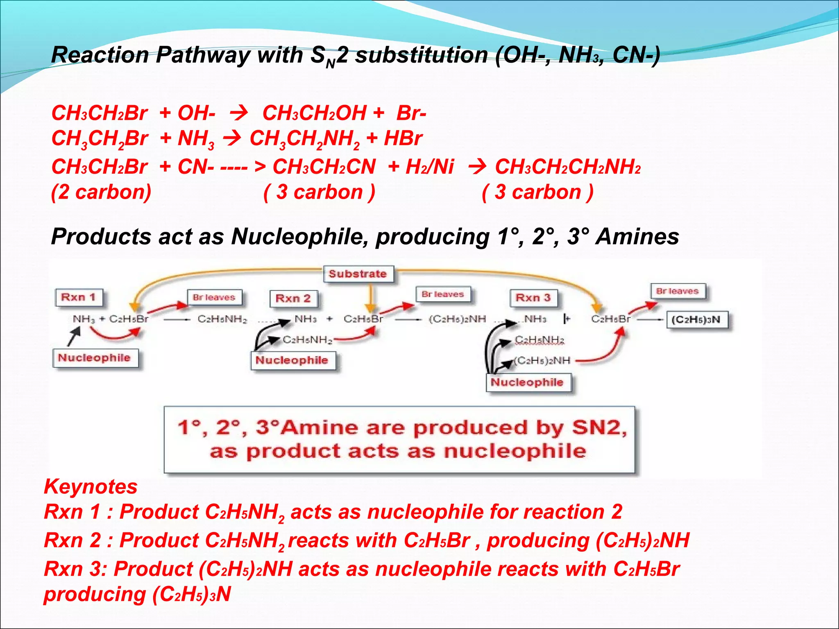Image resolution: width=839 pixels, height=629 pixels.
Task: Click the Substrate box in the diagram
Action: [x=358, y=274]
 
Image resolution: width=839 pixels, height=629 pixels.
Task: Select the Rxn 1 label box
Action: [x=79, y=297]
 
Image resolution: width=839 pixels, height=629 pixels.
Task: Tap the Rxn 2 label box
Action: [x=293, y=298]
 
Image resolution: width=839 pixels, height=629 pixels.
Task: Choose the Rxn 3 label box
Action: [x=533, y=298]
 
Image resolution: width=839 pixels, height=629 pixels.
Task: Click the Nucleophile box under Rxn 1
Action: [x=95, y=358]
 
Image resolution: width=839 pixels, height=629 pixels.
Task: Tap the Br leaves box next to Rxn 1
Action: [x=214, y=297]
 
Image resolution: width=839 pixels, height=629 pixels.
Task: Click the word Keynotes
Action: [x=91, y=486]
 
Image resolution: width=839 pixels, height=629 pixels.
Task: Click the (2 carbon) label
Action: [x=101, y=192]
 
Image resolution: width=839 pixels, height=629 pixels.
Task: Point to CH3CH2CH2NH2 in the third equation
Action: [x=568, y=167]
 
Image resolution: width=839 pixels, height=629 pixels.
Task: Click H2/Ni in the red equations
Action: [x=429, y=167]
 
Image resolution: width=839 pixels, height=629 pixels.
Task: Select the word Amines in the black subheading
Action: [x=637, y=237]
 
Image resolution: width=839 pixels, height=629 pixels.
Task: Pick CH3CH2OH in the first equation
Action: [x=314, y=113]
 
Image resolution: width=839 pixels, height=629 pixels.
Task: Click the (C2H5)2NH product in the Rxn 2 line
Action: [x=457, y=319]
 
